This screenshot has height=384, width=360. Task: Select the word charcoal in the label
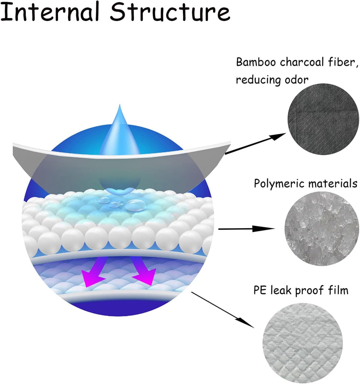302,62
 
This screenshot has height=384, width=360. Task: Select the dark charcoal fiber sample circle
323,119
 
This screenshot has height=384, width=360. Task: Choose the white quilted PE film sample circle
303,343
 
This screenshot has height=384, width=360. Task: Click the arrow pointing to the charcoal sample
255,144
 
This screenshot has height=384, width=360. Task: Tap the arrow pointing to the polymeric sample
246,229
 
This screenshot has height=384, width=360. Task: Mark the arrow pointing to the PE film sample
223,309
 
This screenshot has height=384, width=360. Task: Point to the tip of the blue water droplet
119,105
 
